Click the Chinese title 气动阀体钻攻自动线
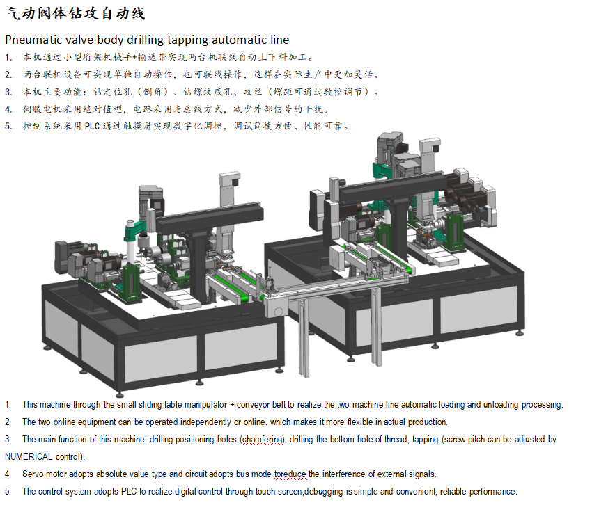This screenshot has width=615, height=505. [76, 13]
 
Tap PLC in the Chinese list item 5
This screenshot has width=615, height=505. [92, 126]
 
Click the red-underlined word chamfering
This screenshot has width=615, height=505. [263, 440]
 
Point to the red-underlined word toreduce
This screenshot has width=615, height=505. [290, 474]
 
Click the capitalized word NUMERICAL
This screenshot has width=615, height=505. [29, 457]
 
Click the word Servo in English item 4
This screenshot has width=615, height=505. [33, 474]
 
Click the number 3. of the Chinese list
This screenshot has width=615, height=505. [8, 92]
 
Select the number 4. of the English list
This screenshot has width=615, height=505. [8, 474]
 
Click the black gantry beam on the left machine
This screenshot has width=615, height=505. [210, 218]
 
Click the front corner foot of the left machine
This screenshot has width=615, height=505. [119, 393]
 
